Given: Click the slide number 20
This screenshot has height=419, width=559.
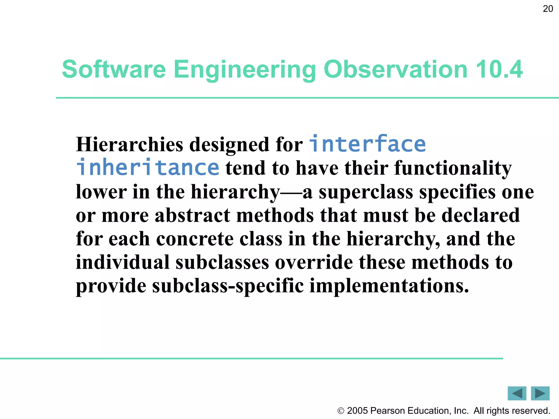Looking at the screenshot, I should [x=548, y=9].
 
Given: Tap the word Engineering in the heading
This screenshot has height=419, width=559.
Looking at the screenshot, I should [x=245, y=70].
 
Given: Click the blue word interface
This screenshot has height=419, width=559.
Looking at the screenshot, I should [x=367, y=144].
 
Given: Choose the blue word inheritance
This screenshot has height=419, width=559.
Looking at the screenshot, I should [x=148, y=167].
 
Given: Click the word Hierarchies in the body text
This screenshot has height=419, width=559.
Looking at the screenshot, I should [x=130, y=145].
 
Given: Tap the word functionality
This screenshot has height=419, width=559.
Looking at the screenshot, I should [x=453, y=168].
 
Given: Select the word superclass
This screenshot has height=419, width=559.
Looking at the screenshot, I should [x=366, y=192].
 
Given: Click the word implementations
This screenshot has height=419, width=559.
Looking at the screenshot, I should [x=389, y=286].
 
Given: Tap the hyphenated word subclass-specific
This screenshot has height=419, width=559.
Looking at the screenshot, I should [x=228, y=286].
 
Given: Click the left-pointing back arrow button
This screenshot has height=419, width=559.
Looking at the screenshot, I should [x=517, y=393].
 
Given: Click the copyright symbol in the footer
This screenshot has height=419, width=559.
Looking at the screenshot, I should [x=341, y=411].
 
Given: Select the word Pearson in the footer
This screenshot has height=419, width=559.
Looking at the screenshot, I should [x=388, y=411].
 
